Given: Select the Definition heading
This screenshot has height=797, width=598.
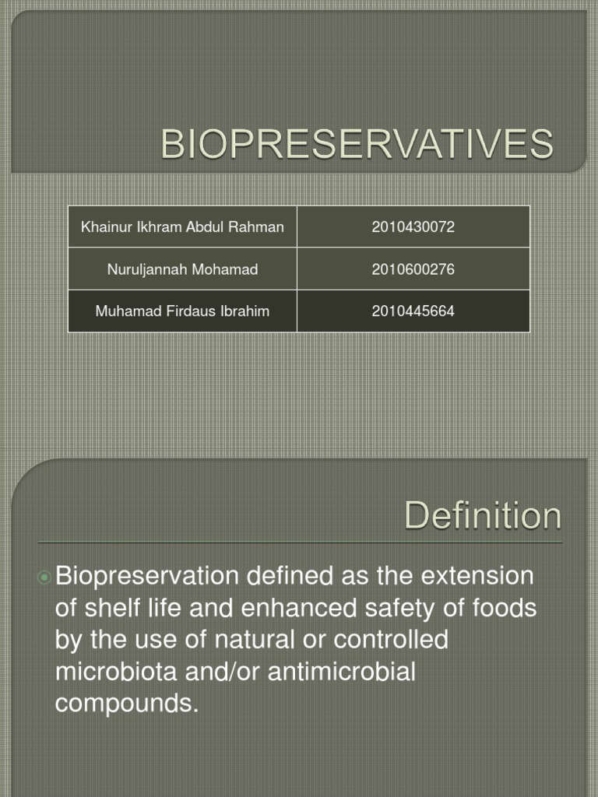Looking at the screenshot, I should pos(482,516).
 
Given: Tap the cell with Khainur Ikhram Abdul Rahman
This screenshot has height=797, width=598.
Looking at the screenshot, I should pos(182,227).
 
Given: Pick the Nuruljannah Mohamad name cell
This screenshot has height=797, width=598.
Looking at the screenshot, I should pos(182,269).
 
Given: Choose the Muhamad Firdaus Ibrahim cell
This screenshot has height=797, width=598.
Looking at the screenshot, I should pos(182,311).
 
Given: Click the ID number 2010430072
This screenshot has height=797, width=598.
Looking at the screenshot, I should pos(413,227).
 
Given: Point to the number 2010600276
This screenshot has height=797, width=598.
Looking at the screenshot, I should pos(413,269).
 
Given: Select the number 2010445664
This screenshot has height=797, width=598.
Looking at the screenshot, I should pos(413,311).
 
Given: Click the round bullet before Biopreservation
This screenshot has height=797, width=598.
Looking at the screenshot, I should pos(44,578).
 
